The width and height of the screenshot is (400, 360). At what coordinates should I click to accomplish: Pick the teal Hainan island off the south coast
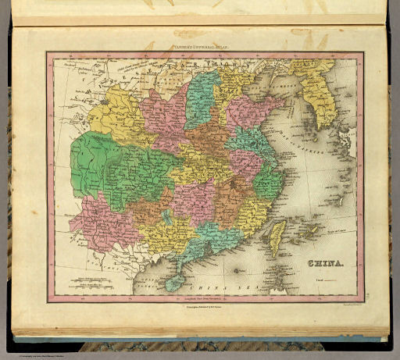pos(174,280)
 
